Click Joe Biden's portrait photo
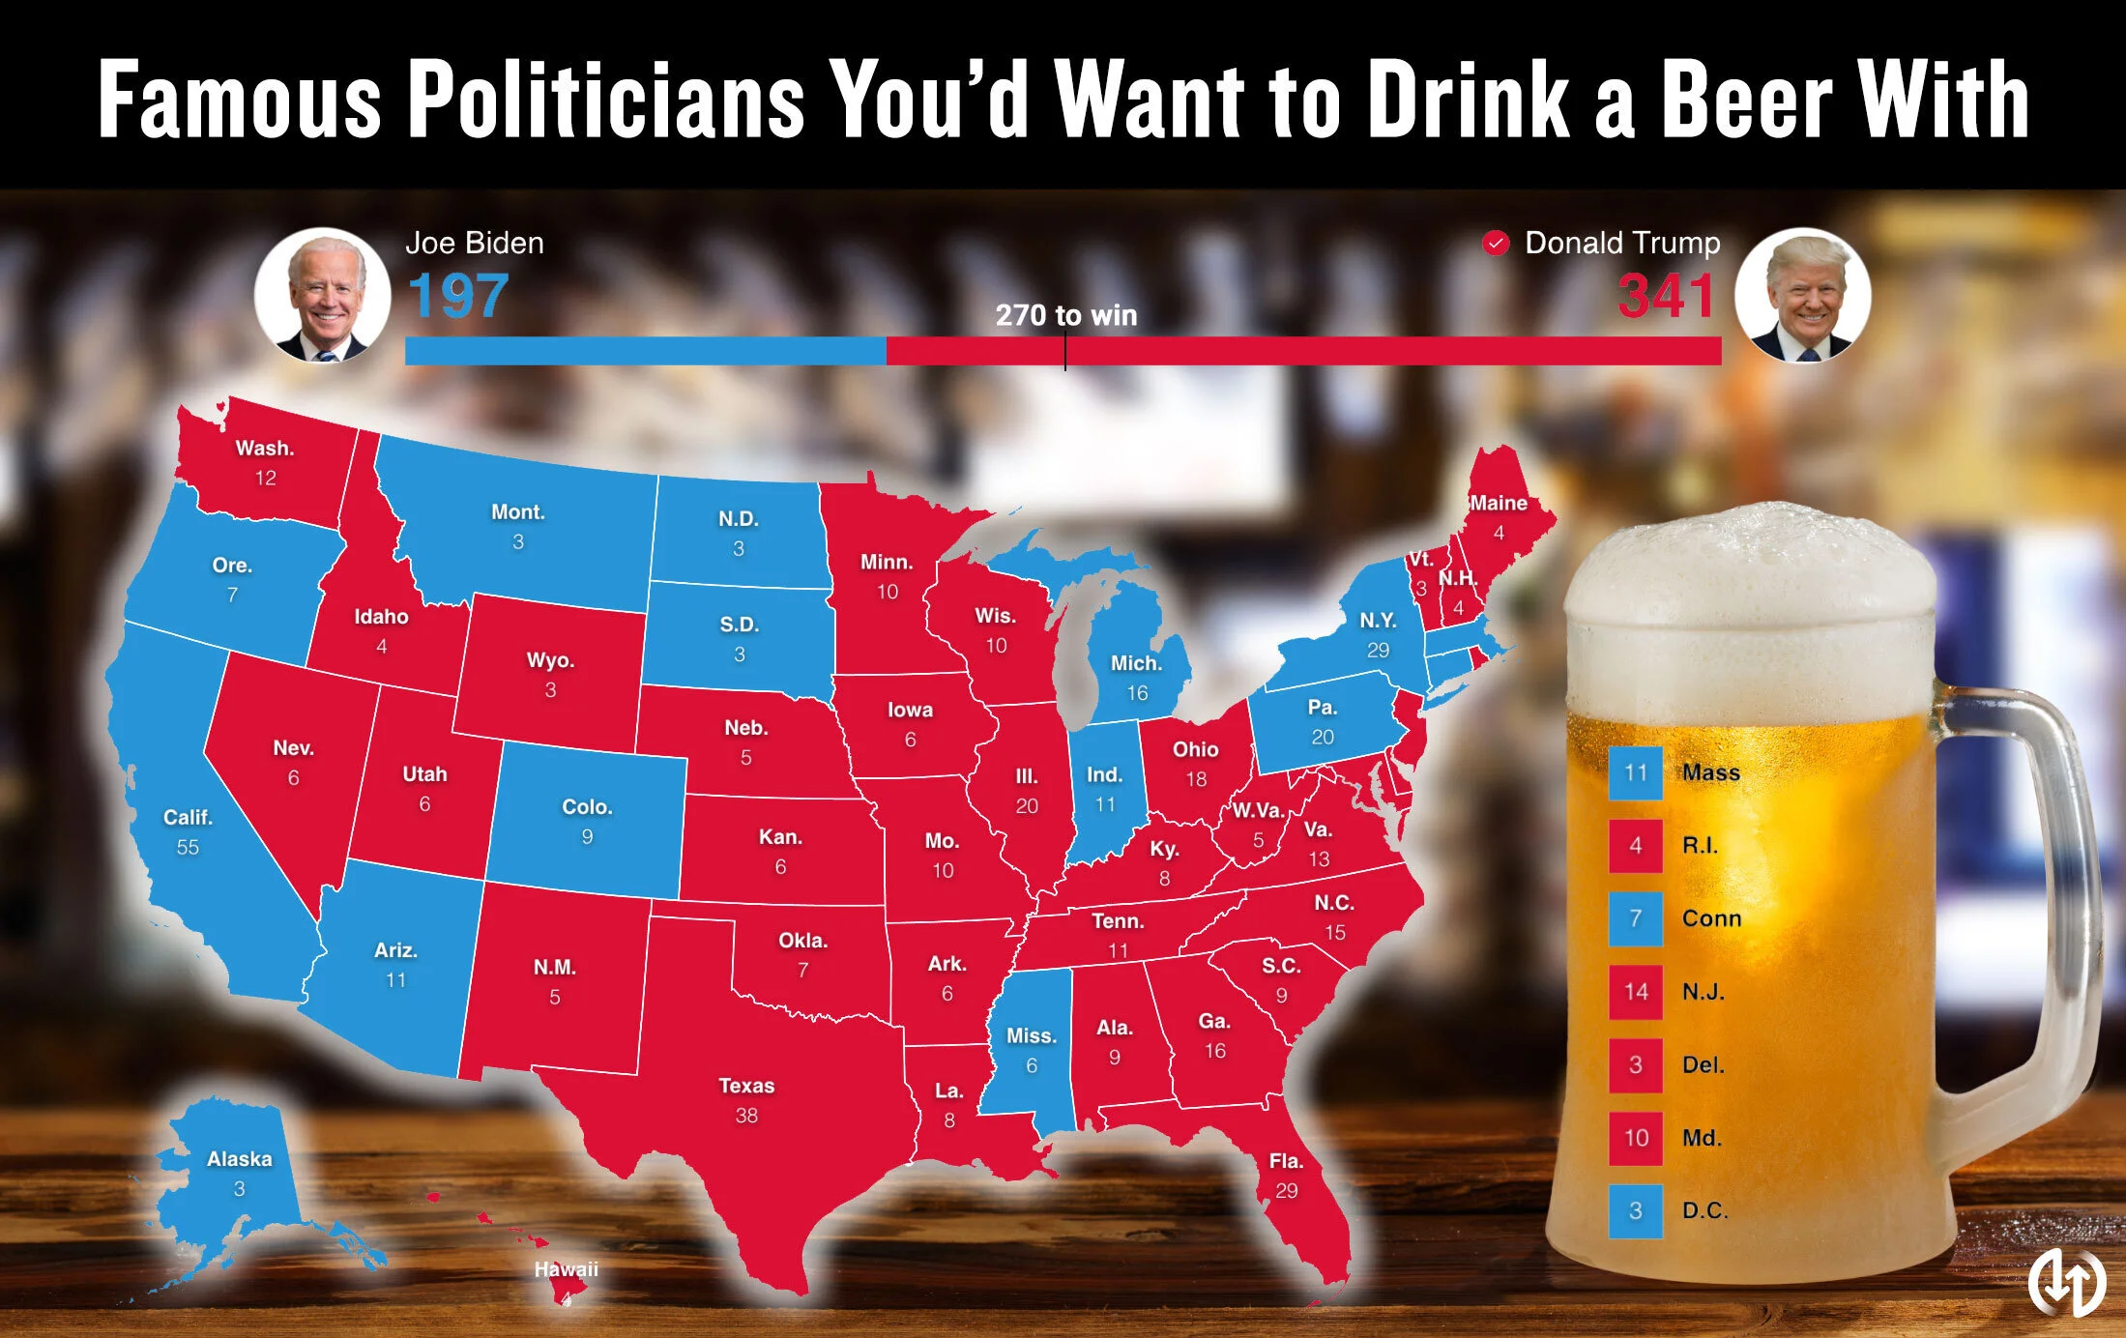(322, 296)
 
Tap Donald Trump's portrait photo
(1802, 296)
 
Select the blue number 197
(458, 296)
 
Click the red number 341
(1666, 296)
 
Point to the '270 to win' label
(1065, 315)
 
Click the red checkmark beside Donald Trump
(1496, 243)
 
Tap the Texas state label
(746, 1086)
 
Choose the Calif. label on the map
(188, 818)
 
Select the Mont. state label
(518, 512)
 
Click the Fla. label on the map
(1286, 1161)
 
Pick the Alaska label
(239, 1159)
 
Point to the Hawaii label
(567, 1269)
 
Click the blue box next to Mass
(1635, 772)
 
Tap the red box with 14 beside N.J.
(1635, 992)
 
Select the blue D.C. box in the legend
(1635, 1210)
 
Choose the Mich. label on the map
(1136, 663)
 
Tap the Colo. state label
(587, 807)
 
